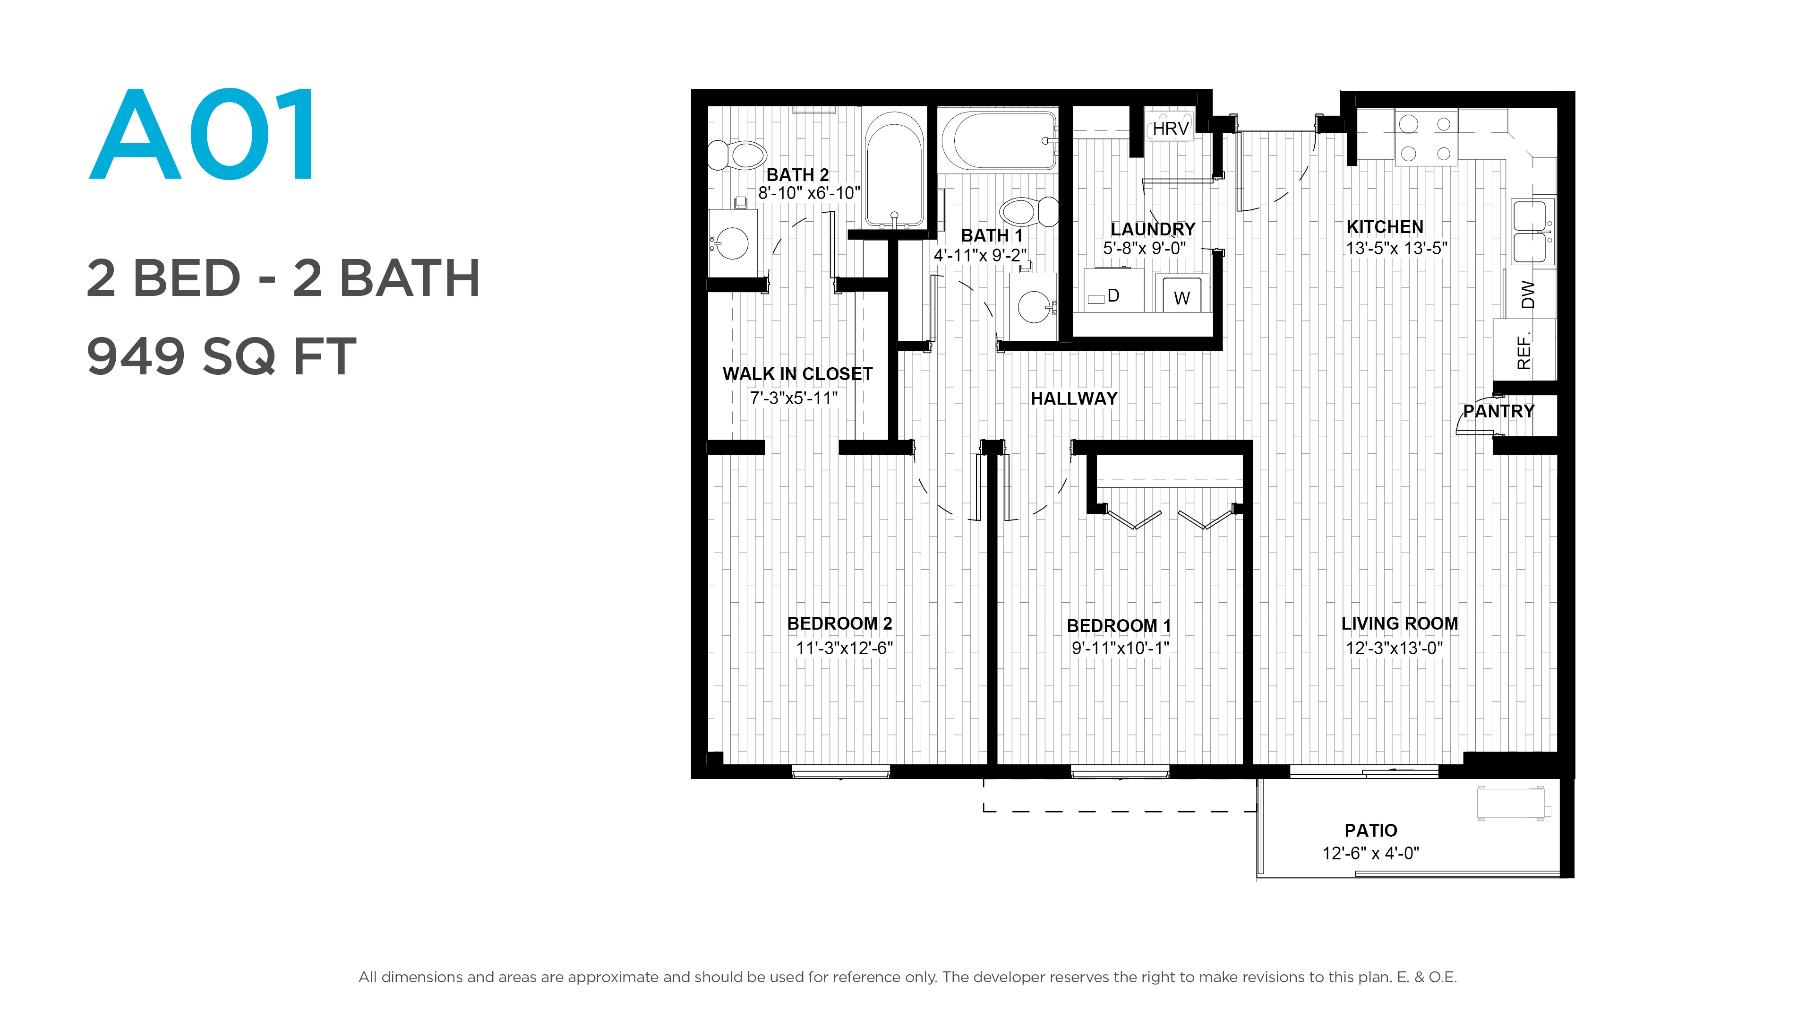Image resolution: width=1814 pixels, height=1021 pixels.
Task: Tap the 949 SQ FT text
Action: coord(221,356)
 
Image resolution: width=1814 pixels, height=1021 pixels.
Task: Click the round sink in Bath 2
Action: coord(732,243)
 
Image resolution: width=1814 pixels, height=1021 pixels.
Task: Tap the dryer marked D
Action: coord(1113,290)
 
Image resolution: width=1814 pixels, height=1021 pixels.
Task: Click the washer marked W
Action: coord(1181,293)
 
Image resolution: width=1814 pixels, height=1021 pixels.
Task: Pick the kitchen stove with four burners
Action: coord(1426,138)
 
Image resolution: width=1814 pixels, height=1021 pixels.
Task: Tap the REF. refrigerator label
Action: coord(1524,352)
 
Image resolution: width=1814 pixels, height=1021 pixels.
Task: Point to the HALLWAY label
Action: coord(1074,399)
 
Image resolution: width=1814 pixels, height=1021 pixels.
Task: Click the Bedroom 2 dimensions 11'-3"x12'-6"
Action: coord(844,648)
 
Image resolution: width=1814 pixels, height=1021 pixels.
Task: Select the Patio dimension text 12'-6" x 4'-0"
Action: coord(1370,853)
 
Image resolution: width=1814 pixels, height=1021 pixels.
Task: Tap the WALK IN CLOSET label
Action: coord(797,374)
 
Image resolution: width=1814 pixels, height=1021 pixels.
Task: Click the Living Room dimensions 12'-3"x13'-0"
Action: coord(1395,648)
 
